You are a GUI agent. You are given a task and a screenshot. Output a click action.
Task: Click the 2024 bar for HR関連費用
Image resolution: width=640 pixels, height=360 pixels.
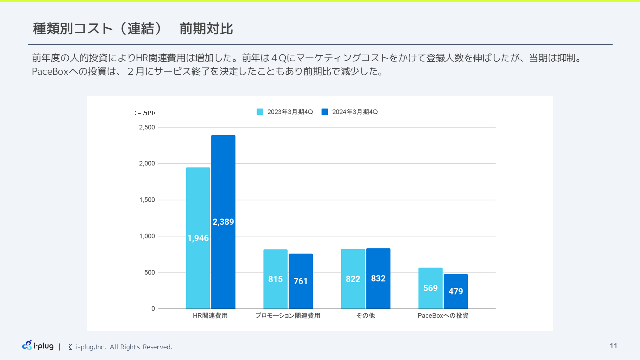223,222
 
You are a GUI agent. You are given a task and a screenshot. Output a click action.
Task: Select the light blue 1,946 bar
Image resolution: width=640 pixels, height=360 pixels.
198,238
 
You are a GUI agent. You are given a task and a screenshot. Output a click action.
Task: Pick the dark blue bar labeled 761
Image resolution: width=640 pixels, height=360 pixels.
301,281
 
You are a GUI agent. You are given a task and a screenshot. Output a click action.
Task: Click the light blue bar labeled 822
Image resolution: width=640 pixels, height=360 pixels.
353,279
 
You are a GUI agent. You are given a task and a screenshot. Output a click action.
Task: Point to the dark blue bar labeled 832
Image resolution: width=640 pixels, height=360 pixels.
378,278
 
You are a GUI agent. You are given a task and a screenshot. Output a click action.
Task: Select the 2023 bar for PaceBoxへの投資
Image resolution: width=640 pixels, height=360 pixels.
430,288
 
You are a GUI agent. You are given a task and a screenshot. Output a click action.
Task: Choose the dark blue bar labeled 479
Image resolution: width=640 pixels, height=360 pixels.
456,291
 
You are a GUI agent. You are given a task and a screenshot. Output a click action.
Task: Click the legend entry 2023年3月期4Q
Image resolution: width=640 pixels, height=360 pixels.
285,112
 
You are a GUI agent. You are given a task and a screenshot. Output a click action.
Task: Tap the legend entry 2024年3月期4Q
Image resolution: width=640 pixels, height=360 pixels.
350,112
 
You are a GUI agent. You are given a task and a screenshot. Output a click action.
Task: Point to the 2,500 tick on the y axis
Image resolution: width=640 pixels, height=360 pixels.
147,127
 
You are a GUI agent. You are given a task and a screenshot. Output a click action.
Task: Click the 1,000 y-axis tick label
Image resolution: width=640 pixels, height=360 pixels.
147,236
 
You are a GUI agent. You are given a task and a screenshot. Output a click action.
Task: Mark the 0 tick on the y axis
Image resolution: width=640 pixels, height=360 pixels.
153,309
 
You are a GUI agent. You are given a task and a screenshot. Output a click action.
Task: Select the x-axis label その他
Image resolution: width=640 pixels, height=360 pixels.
365,316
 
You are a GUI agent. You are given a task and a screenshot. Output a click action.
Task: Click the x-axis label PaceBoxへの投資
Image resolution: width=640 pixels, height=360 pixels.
443,316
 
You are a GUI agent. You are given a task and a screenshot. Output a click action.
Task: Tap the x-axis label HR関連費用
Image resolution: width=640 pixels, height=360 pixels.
210,316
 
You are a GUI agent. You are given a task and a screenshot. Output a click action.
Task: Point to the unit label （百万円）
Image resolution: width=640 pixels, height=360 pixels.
145,113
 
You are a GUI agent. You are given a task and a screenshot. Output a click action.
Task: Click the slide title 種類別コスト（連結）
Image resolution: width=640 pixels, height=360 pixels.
98,29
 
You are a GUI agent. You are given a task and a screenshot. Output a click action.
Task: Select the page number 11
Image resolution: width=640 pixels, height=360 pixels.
613,346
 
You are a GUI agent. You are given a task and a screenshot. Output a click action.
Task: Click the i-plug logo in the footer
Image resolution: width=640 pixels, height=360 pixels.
38,345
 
